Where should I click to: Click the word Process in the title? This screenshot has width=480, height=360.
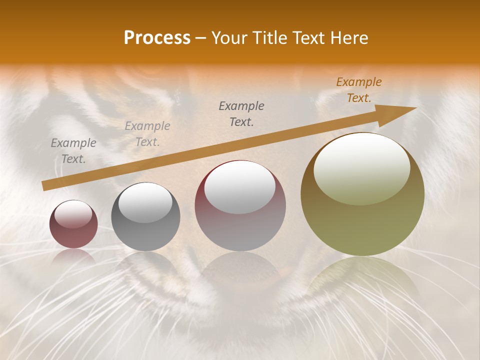[x=157, y=38]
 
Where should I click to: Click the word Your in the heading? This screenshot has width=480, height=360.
[x=229, y=38]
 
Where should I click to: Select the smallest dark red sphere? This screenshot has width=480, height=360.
[x=73, y=224]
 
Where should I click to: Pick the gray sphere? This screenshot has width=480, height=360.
[x=145, y=216]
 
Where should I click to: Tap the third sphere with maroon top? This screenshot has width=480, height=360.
[x=240, y=205]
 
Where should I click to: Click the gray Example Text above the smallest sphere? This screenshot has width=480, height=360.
[x=73, y=151]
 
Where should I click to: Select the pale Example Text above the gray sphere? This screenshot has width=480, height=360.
[x=147, y=134]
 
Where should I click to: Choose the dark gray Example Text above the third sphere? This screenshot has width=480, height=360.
[x=241, y=113]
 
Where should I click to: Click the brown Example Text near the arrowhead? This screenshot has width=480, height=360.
[x=359, y=90]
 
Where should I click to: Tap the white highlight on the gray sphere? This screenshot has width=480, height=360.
[x=145, y=202]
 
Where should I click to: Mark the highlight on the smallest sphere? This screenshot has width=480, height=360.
[x=73, y=214]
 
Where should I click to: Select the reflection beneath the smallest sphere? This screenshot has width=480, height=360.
[x=73, y=256]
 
